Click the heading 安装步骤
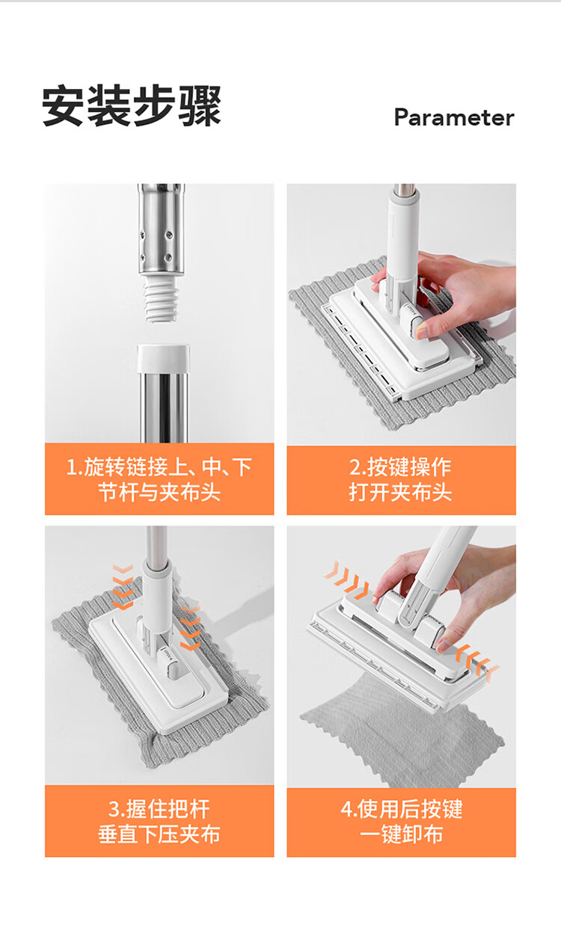coord(132,106)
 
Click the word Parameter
coord(454,117)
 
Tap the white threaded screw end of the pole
coord(160,299)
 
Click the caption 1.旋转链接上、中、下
coord(159,467)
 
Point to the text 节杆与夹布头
coord(159,492)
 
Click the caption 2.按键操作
coord(400,467)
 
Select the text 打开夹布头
coord(400,492)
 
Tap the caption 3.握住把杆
coord(159,809)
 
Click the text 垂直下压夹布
coord(159,834)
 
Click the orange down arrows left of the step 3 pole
coord(123,587)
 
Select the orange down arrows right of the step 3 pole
coord(191,629)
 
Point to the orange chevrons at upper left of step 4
coord(347,579)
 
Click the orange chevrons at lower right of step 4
coord(477,662)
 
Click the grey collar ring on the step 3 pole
coord(157,566)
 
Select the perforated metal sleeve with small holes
coord(161,231)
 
